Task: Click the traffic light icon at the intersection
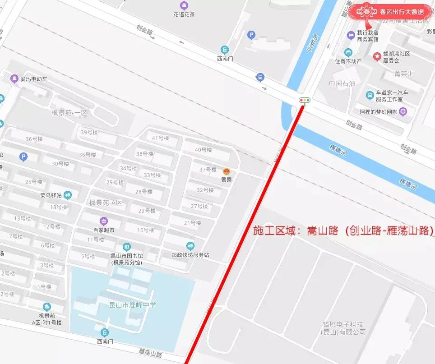click(305, 100)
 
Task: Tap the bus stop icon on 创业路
click(260, 77)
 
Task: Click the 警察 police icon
click(227, 171)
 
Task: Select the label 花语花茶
click(184, 14)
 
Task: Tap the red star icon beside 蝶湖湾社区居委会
click(376, 56)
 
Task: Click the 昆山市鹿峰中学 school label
click(133, 305)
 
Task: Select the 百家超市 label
click(104, 230)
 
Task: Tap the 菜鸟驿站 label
click(51, 196)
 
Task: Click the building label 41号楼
click(160, 138)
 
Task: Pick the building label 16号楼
click(146, 230)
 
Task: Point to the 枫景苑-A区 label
click(105, 203)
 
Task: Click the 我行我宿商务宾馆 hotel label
click(367, 36)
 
